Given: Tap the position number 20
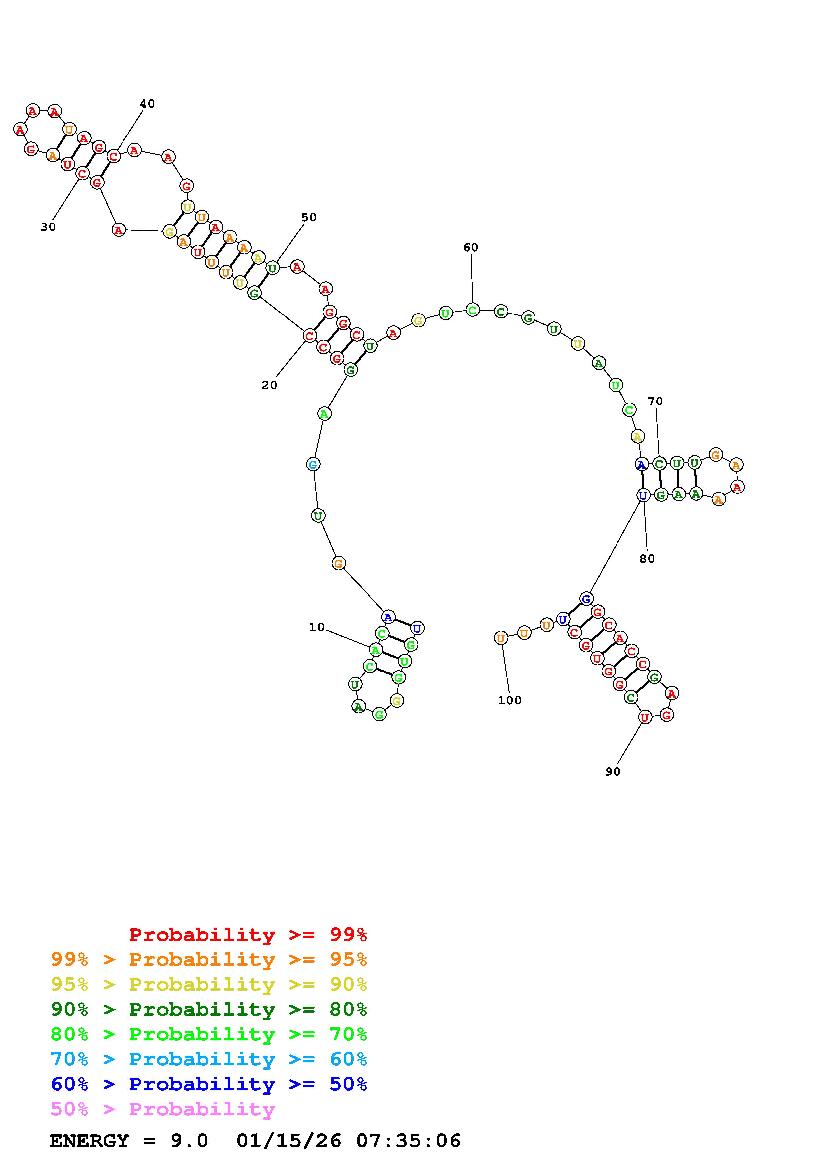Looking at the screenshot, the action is click(269, 385).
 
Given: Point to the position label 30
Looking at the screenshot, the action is click(48, 227).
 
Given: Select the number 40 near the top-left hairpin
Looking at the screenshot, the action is click(147, 104).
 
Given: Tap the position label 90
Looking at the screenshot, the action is click(613, 772).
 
